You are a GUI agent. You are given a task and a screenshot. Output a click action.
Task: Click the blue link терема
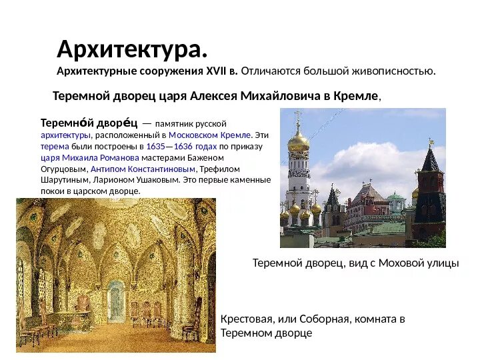click(51, 146)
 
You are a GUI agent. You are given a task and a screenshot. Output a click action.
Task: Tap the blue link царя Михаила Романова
click(90, 157)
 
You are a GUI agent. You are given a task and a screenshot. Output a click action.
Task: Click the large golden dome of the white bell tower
click(297, 140)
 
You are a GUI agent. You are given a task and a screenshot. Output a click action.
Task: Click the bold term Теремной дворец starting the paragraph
click(89, 123)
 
